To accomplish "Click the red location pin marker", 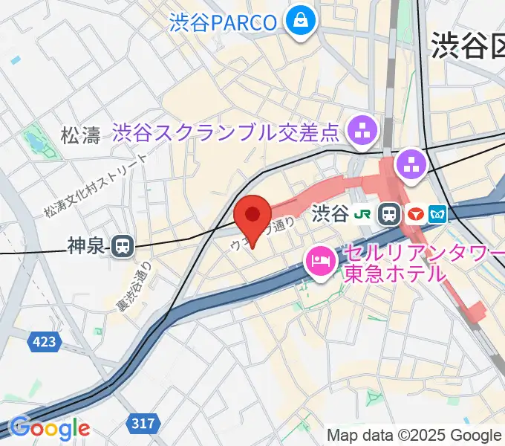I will (252, 217).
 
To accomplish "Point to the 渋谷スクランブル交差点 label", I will (226, 134).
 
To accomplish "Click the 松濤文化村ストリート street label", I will (96, 187).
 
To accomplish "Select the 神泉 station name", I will (87, 246).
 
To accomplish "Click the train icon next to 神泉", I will (122, 246).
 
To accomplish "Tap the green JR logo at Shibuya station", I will (363, 215).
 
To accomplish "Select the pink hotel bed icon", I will (320, 261).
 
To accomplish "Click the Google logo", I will (50, 428).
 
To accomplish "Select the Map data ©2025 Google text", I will (414, 436).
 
